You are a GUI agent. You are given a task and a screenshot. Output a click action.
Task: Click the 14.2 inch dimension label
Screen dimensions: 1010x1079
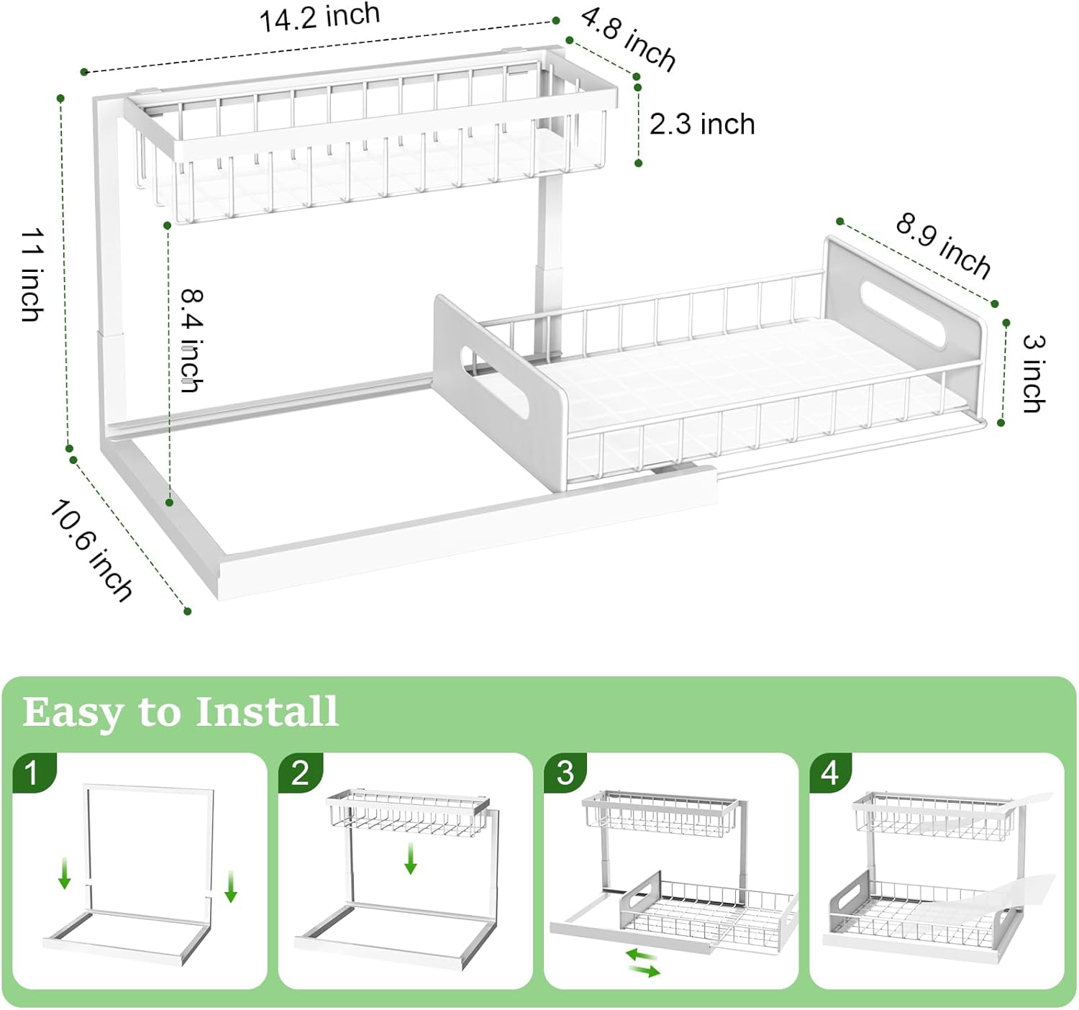tap(319, 17)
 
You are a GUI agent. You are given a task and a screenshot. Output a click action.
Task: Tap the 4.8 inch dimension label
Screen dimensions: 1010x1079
tap(628, 39)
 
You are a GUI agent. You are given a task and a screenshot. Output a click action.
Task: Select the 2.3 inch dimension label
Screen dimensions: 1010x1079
tap(702, 124)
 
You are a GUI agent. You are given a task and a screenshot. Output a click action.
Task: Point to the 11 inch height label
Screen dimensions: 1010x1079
tap(32, 275)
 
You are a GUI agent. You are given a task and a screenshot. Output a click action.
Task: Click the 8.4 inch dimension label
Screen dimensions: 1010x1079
tap(191, 340)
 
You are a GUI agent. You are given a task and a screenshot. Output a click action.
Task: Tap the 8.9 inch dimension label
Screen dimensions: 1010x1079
tap(943, 245)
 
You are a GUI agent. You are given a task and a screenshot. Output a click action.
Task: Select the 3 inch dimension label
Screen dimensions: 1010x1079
tap(1034, 373)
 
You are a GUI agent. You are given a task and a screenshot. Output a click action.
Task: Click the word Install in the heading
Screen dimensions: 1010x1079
tap(267, 712)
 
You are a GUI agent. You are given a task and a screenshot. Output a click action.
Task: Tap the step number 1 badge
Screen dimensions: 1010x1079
tap(31, 773)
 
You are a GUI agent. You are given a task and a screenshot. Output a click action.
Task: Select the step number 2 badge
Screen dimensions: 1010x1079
tap(300, 773)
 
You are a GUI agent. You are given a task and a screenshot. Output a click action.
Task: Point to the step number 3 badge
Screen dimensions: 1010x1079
tap(565, 773)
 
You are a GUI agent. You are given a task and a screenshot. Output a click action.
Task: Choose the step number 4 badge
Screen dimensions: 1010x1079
tap(830, 773)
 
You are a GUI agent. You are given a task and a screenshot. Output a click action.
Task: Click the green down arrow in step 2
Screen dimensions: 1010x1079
tap(411, 858)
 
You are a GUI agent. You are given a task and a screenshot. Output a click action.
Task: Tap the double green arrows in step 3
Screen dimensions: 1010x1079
tap(642, 963)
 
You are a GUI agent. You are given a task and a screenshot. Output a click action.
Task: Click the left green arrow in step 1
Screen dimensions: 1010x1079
tap(65, 873)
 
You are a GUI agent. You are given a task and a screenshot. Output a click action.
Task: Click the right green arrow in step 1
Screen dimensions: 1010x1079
tap(230, 886)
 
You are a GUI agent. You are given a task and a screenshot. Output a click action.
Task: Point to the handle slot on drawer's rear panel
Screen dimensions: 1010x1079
tap(903, 315)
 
